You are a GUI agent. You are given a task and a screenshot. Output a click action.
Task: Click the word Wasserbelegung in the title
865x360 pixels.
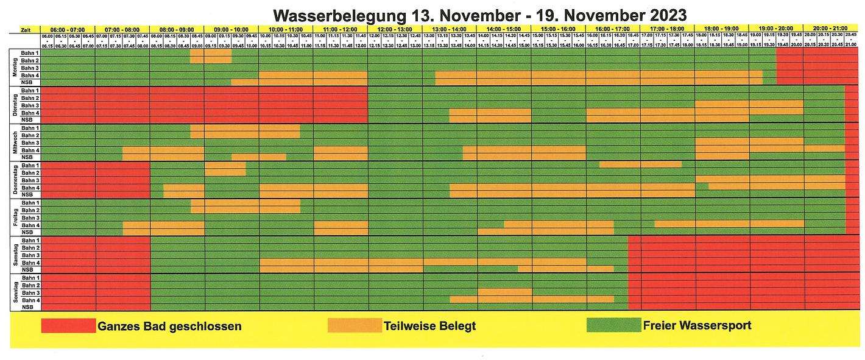pos(333,14)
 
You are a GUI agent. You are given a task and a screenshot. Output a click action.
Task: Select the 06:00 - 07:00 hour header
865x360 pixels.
pos(68,29)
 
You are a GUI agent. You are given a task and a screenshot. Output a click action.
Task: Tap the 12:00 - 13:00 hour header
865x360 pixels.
pos(395,29)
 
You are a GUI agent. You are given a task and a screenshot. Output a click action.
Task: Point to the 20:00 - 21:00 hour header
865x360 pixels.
pos(830,29)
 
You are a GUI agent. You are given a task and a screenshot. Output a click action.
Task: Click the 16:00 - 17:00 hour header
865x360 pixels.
pos(613,29)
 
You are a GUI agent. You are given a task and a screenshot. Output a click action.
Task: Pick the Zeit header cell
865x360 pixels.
pos(26,29)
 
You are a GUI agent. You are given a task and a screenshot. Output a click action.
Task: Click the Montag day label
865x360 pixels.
pos(15,68)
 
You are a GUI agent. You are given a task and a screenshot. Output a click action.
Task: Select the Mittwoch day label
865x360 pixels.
pos(15,143)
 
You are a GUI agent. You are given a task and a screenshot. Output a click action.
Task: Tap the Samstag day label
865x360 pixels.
pos(15,255)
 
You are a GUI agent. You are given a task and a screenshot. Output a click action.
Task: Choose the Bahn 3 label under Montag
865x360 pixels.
pos(30,68)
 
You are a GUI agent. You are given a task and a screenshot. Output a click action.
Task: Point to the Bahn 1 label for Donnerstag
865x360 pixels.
pos(30,165)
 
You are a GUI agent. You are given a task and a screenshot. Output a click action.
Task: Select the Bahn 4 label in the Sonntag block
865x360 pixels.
pos(30,300)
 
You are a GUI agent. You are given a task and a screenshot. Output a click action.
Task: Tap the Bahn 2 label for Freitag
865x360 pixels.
pos(30,210)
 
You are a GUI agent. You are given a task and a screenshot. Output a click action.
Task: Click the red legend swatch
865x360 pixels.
pos(68,326)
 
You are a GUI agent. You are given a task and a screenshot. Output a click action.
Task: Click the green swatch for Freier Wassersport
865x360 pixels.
pos(613,325)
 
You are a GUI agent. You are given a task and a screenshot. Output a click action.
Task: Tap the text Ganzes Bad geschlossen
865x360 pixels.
pos(169,326)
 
